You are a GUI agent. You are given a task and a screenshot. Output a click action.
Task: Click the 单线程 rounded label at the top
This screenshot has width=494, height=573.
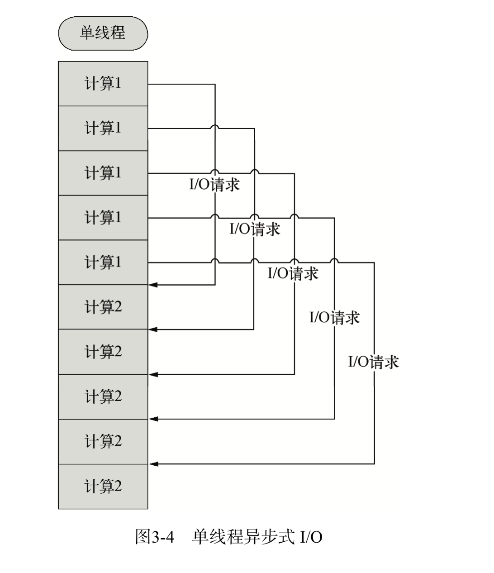(x=103, y=33)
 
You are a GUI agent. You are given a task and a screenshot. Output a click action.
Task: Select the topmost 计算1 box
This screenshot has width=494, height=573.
(x=103, y=84)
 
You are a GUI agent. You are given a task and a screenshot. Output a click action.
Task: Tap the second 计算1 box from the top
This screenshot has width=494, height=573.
(x=103, y=128)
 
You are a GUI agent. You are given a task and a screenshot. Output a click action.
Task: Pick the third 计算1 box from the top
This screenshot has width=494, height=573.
(x=103, y=173)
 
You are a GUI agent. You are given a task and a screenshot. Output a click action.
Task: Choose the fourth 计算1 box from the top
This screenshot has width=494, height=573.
(x=103, y=218)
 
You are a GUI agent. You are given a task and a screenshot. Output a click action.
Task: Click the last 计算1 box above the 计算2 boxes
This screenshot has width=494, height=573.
(x=103, y=263)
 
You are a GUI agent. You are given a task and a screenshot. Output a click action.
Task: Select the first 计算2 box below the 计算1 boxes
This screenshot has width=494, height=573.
(x=103, y=307)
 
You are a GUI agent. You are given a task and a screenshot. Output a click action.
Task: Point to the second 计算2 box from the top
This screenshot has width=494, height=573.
(x=103, y=352)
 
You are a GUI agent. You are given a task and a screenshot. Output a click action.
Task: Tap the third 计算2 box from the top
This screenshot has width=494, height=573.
(x=103, y=396)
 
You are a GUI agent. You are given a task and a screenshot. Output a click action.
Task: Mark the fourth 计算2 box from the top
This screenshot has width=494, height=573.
(x=103, y=441)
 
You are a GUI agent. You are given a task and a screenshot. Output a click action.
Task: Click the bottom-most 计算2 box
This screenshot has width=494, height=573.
(x=103, y=487)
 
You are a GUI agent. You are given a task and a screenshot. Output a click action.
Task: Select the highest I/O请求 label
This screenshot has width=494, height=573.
(x=214, y=184)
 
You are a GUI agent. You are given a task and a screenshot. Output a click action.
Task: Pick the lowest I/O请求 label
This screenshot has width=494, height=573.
(x=373, y=362)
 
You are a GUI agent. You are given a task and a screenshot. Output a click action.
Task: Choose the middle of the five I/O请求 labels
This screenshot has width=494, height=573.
(x=293, y=273)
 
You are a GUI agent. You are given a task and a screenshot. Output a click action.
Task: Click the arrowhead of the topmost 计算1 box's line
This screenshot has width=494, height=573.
(x=153, y=285)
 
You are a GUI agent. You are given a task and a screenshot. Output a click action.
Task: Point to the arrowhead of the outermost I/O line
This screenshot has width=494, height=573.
(x=153, y=464)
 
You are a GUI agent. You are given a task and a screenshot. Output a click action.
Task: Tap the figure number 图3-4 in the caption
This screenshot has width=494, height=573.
(x=155, y=538)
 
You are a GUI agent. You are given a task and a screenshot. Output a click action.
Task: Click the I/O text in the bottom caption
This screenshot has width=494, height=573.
(x=311, y=538)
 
